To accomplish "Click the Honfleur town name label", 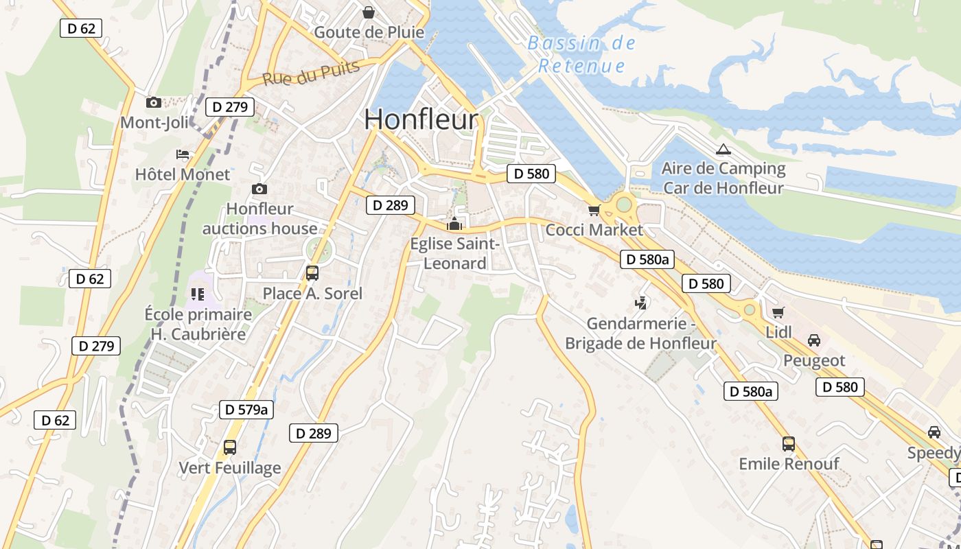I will [421, 119].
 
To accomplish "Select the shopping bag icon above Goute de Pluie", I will [369, 12].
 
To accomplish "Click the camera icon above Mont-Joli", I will [154, 103].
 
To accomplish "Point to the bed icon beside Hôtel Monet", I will [183, 154].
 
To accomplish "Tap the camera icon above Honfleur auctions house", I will [259, 189].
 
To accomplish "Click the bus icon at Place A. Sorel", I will [312, 273].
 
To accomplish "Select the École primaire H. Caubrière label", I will [198, 325].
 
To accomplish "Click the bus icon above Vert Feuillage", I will [230, 447].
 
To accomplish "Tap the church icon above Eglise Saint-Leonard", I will [454, 224].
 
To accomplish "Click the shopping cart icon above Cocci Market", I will [594, 210].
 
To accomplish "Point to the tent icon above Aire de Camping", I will [723, 150].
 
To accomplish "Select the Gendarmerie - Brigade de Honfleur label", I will [640, 333].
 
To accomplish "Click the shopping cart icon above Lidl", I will [778, 313].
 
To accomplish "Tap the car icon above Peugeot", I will [814, 340].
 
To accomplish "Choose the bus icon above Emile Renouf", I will [789, 444].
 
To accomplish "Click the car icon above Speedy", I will [934, 432].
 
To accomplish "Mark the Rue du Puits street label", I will [311, 73].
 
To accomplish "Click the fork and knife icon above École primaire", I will [198, 294].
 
